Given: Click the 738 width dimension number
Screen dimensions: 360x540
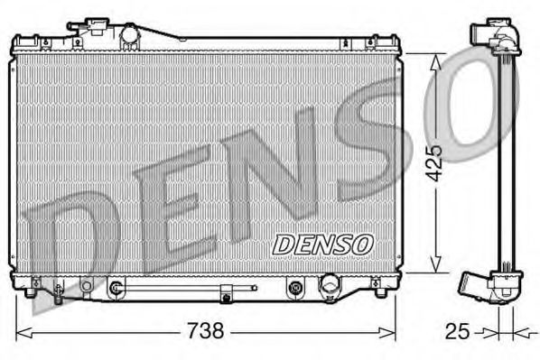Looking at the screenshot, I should [206, 330].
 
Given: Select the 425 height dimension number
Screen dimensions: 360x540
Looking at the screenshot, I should [434, 162].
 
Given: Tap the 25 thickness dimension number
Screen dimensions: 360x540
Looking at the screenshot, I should [458, 330].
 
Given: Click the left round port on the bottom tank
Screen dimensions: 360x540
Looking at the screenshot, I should [116, 289].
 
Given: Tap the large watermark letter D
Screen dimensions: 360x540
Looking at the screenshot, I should [68, 244].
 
